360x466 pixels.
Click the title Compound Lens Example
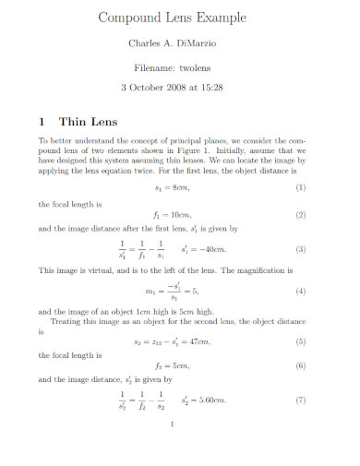click(180, 18)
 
